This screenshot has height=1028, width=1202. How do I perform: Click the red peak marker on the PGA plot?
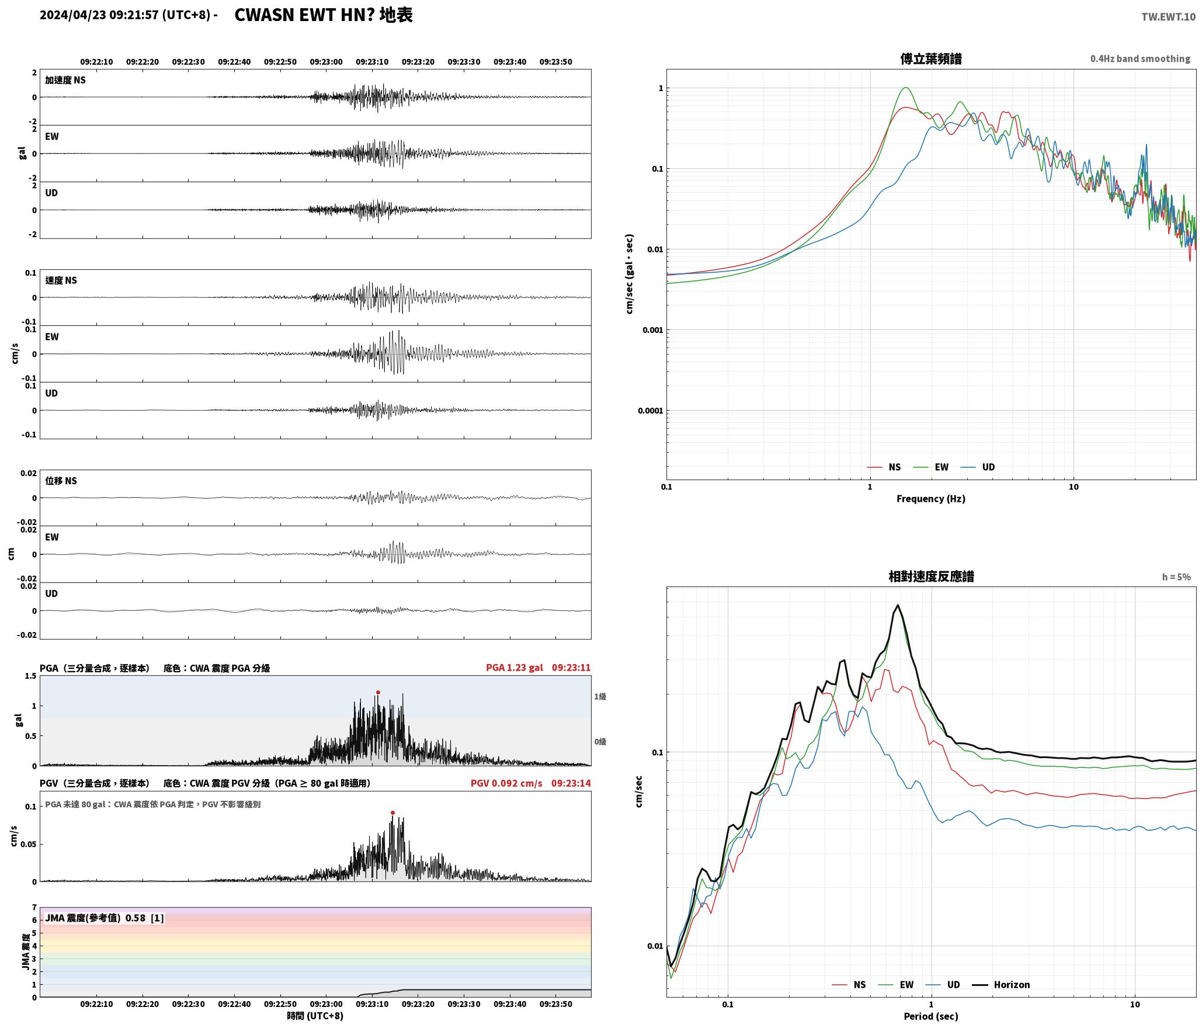click(x=378, y=692)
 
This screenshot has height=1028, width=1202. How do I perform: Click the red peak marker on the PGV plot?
click(x=392, y=812)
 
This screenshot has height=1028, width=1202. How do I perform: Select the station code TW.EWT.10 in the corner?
click(x=1168, y=17)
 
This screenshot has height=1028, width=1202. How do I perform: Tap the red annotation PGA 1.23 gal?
click(x=514, y=668)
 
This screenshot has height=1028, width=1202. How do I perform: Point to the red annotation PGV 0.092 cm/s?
click(x=506, y=783)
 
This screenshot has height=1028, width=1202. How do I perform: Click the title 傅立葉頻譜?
click(x=931, y=59)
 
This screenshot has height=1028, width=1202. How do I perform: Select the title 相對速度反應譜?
click(x=931, y=576)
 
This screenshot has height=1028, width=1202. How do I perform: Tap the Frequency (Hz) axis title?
click(x=931, y=498)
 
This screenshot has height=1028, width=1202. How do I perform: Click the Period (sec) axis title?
click(x=931, y=1016)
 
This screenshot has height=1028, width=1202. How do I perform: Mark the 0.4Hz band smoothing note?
click(x=1140, y=59)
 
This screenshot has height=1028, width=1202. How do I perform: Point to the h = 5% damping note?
click(x=1176, y=577)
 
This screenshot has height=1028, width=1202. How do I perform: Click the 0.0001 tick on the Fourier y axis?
click(x=650, y=411)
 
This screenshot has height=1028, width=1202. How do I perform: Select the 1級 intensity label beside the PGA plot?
click(x=600, y=696)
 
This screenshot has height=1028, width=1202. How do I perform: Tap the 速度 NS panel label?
click(x=61, y=280)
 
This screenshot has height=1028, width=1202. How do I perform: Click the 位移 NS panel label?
click(x=61, y=481)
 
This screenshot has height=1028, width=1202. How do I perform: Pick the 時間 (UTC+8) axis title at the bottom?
click(x=315, y=1016)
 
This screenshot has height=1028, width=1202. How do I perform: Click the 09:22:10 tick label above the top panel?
click(x=97, y=62)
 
